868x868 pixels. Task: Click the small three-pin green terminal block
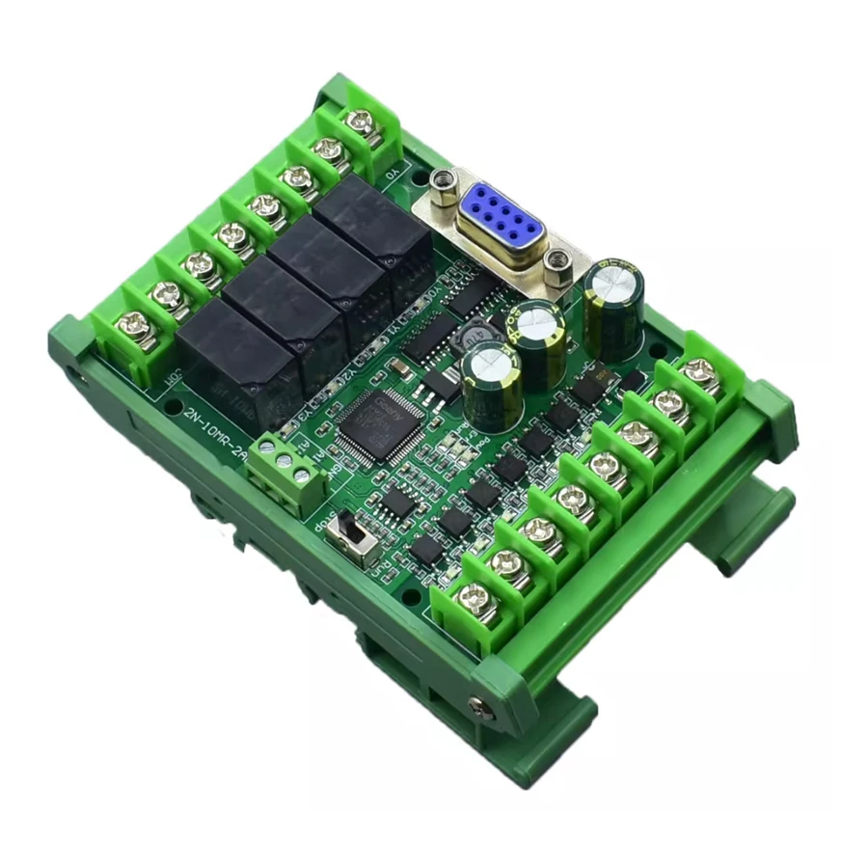pyautogui.click(x=285, y=473)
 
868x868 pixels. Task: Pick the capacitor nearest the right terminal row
pyautogui.click(x=611, y=309)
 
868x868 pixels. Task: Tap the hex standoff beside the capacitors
pyautogui.click(x=556, y=262)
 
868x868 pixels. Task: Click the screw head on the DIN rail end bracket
pyautogui.click(x=477, y=707)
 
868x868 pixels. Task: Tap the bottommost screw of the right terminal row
pyautogui.click(x=472, y=597)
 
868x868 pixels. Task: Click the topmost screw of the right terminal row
pyautogui.click(x=698, y=369)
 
